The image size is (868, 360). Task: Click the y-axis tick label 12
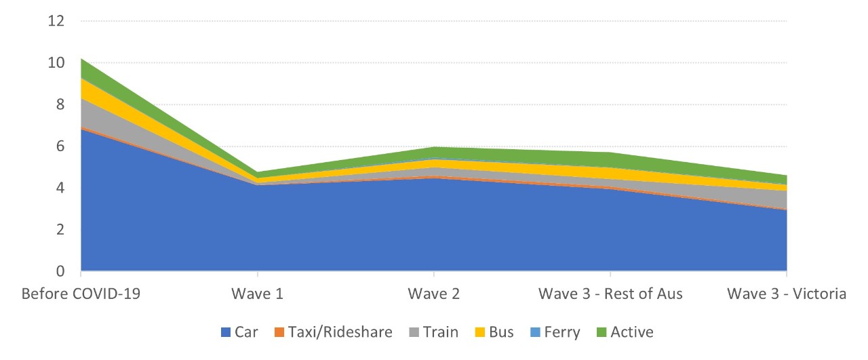(x=56, y=21)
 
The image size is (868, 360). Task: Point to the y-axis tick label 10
(x=56, y=63)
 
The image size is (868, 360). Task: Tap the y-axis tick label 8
(x=60, y=105)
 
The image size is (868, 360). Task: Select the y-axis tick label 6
(x=60, y=146)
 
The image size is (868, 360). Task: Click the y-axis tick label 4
(x=60, y=188)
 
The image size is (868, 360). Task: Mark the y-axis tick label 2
(x=60, y=230)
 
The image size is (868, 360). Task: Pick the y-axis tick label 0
(x=60, y=271)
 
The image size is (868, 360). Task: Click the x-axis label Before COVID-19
(x=81, y=294)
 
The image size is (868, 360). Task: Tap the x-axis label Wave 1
(x=257, y=294)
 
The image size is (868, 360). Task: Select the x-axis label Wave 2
(x=433, y=294)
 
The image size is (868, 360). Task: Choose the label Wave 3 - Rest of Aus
(x=610, y=294)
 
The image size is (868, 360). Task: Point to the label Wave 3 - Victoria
(x=787, y=294)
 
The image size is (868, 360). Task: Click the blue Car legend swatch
(x=226, y=332)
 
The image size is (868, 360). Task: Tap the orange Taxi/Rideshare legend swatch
(x=279, y=332)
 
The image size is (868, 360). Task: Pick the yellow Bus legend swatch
(x=479, y=332)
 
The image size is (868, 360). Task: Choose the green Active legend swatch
(x=601, y=332)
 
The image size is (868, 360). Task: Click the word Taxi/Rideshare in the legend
(x=340, y=332)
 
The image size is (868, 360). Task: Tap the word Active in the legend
(x=632, y=332)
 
